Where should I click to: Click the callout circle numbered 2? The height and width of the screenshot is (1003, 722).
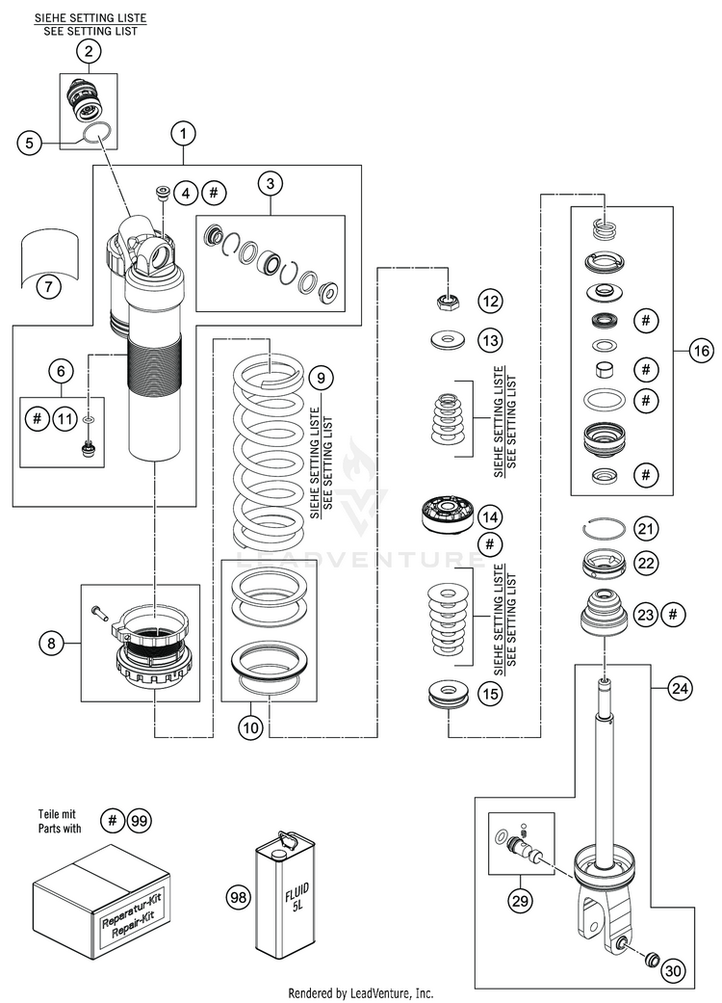(89, 53)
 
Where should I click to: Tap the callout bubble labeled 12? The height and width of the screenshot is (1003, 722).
(491, 302)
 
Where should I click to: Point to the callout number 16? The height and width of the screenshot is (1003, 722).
(699, 353)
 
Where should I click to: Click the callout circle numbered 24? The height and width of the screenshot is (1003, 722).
(681, 689)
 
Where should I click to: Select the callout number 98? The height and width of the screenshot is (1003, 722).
(238, 897)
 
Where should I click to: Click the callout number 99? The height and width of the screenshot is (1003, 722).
(141, 821)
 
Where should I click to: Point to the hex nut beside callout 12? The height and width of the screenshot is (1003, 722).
(447, 303)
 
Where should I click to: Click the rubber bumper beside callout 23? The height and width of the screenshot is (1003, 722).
(604, 613)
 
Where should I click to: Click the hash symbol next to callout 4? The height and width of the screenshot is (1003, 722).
(215, 193)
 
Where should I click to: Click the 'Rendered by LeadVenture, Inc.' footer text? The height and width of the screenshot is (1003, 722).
(361, 992)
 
